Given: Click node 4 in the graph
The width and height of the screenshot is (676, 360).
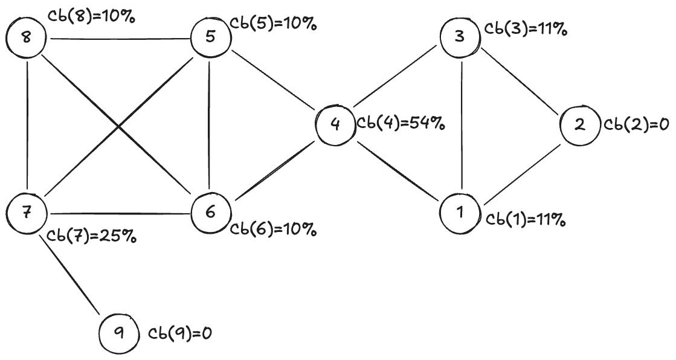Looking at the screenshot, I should coord(336,124).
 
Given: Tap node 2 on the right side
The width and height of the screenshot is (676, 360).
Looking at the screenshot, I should coord(580,124).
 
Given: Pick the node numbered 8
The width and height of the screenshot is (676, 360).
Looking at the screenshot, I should coord(26,38).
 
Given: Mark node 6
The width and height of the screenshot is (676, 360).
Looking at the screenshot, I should coord(210,212).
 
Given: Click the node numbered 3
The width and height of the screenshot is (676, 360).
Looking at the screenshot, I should coord(460,37).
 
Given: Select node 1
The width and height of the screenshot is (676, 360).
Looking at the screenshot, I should coord(460,213).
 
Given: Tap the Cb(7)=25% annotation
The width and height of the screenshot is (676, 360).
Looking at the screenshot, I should coord(91,236).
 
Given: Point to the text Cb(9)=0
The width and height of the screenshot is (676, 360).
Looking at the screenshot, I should coord(181,333).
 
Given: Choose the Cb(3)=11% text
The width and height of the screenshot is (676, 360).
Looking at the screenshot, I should coord(526,30).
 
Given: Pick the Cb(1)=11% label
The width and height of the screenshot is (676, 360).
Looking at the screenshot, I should coord(526,220).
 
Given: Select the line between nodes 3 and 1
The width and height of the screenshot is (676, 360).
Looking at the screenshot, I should coord(462,124).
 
